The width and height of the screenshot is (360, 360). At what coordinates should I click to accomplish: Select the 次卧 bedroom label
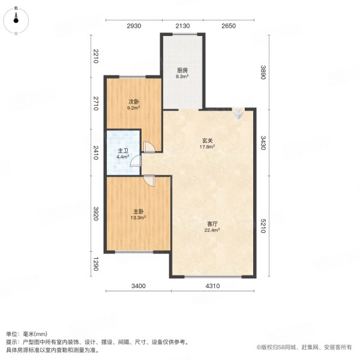(133, 102)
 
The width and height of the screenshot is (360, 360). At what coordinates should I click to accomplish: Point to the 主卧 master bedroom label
(139, 211)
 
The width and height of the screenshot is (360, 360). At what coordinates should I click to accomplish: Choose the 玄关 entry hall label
(207, 142)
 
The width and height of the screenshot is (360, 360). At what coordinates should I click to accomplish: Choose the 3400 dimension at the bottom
(139, 286)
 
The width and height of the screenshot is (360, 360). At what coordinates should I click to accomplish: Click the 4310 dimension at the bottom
(214, 286)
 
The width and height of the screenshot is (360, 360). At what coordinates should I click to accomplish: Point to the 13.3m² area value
(139, 218)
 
